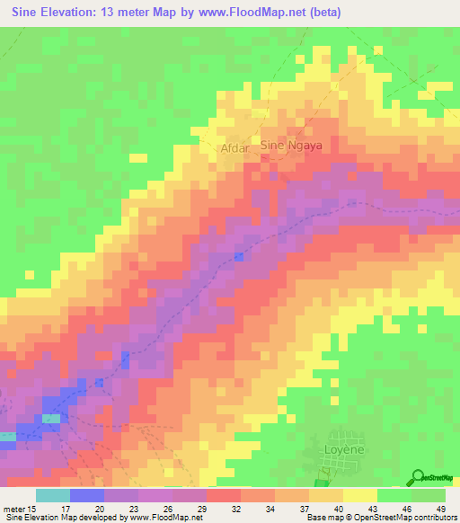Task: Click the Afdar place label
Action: coord(234,150)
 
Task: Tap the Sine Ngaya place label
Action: coord(290,144)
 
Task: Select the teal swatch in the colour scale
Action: coord(53,495)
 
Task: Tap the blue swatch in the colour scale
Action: coord(87,495)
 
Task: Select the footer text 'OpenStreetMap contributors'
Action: coord(395,518)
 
